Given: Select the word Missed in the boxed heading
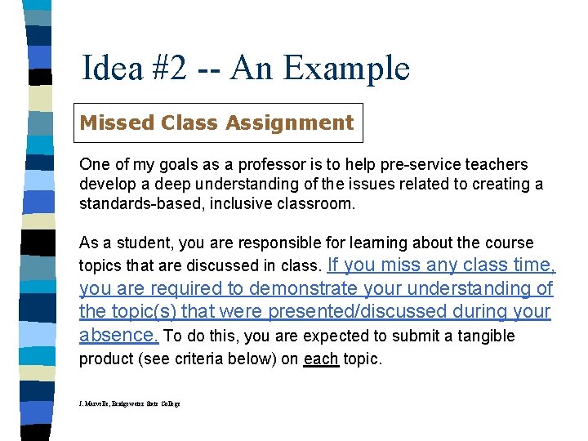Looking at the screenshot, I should [117, 123].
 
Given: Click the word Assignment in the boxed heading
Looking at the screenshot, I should [290, 123].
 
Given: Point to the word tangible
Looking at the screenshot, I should [488, 336].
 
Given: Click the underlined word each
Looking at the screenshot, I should [321, 359].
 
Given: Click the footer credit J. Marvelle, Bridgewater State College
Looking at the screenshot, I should [130, 404].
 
